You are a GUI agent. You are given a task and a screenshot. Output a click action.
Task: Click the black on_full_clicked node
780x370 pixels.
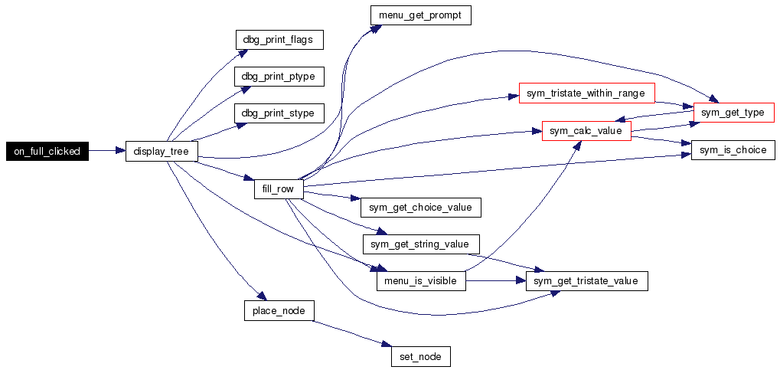pyautogui.click(x=47, y=151)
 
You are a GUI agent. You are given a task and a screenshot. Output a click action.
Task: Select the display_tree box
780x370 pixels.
pyautogui.click(x=162, y=151)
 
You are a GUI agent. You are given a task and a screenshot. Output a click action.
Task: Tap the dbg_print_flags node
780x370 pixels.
pyautogui.click(x=279, y=39)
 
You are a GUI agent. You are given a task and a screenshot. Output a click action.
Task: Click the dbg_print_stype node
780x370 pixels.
pyautogui.click(x=279, y=113)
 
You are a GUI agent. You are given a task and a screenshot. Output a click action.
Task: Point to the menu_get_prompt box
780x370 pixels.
pyautogui.click(x=420, y=15)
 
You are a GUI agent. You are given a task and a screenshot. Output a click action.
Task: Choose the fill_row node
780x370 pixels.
pyautogui.click(x=279, y=188)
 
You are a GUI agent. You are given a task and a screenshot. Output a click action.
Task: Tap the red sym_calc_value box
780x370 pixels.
pyautogui.click(x=586, y=131)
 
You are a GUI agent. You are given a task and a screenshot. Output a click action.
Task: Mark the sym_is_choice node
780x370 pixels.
pyautogui.click(x=733, y=150)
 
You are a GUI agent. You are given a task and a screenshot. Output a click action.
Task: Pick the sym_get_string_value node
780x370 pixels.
pyautogui.click(x=421, y=244)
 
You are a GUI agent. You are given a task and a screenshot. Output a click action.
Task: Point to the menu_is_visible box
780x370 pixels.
pyautogui.click(x=421, y=281)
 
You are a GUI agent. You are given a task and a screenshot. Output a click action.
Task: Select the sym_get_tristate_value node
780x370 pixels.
pyautogui.click(x=587, y=281)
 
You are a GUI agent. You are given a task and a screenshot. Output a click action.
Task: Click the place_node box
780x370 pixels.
pyautogui.click(x=279, y=310)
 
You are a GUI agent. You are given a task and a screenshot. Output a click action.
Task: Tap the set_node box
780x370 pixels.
pyautogui.click(x=421, y=356)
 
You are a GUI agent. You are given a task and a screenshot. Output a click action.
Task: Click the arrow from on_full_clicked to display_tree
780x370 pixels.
pyautogui.click(x=107, y=151)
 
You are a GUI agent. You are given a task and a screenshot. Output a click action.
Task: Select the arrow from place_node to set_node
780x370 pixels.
pyautogui.click(x=351, y=334)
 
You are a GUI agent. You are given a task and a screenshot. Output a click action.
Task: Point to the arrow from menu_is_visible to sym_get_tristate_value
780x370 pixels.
pyautogui.click(x=496, y=281)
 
